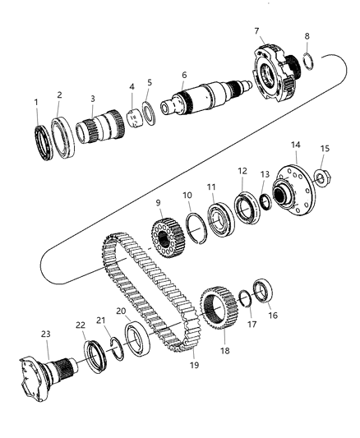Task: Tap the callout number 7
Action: (256, 30)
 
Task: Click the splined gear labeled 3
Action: (93, 131)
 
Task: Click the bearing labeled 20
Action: (134, 341)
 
